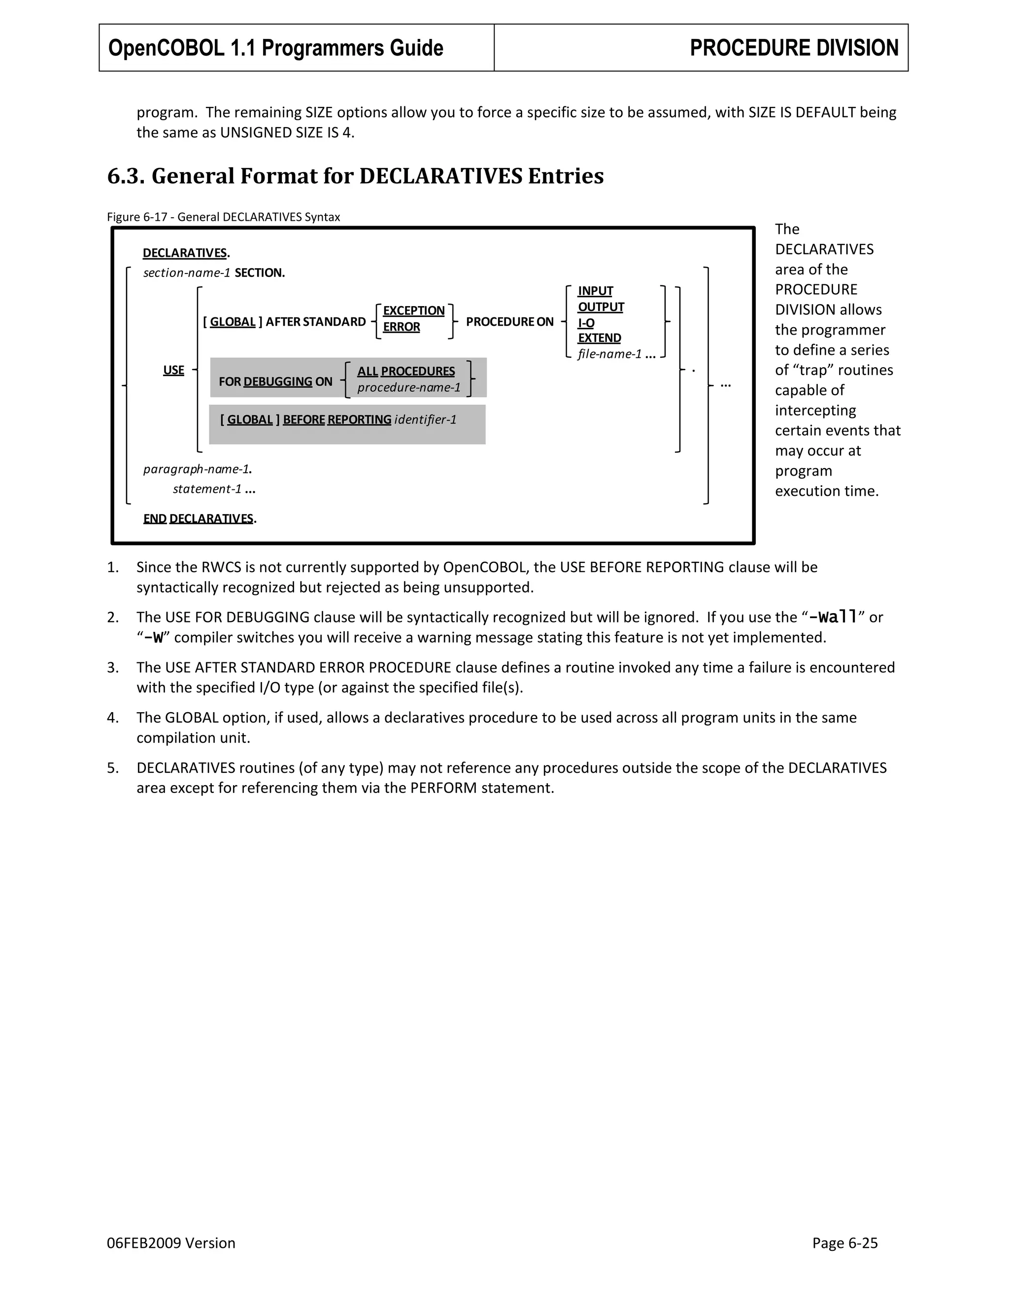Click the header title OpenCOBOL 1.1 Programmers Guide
[x=275, y=48]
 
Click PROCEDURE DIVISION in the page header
[x=794, y=48]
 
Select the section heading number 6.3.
[x=126, y=176]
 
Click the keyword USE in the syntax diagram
[x=173, y=370]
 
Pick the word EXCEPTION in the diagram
[x=414, y=310]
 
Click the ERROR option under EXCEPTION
[x=401, y=327]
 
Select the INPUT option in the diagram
[x=595, y=291]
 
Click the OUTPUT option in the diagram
[x=601, y=307]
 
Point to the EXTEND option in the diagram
[x=599, y=338]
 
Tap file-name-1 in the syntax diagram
[x=609, y=354]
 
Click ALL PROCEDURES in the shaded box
[x=406, y=372]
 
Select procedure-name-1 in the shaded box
[x=409, y=387]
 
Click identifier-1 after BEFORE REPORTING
[x=425, y=420]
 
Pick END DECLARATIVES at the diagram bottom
[x=199, y=518]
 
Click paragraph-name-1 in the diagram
[x=197, y=469]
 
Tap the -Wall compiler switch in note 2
[x=833, y=617]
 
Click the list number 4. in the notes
[x=113, y=718]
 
